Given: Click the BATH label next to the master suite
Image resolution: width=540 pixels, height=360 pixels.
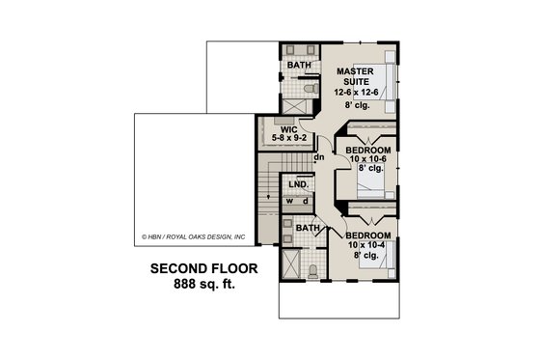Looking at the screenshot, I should click(300, 66).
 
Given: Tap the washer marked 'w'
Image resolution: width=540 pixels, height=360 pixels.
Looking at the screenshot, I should click(288, 201).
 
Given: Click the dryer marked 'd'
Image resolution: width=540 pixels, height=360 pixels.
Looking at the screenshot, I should click(305, 201).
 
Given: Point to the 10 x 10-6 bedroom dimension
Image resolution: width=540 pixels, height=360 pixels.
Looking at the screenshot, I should click(366, 160).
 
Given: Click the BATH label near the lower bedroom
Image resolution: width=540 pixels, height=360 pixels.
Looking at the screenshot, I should click(308, 228).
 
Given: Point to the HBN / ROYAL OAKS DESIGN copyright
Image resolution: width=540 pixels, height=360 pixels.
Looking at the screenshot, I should click(193, 235).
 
